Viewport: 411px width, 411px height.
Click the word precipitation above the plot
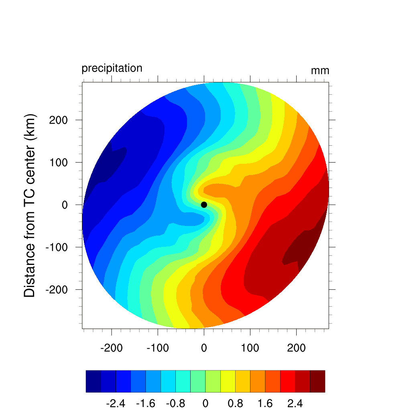(112, 68)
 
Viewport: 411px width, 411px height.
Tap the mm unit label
(320, 71)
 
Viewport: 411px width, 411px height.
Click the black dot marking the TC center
(204, 205)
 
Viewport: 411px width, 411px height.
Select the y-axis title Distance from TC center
(30, 205)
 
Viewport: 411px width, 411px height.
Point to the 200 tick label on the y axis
(58, 120)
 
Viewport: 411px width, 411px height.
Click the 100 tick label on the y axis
(58, 163)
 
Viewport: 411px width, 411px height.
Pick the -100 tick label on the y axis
(56, 247)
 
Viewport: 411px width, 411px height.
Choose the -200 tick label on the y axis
(56, 290)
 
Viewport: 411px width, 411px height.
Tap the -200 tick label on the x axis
(111, 348)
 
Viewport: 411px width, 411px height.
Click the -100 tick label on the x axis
(157, 348)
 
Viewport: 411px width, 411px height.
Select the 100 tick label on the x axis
(250, 348)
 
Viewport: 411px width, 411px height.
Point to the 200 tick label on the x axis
(296, 348)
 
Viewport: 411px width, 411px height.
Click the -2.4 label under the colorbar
(116, 403)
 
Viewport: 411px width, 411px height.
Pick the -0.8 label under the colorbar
(175, 403)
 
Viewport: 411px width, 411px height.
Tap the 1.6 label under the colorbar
(265, 403)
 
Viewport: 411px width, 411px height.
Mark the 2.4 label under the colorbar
(295, 403)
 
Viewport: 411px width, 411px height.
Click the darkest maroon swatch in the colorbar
(317, 381)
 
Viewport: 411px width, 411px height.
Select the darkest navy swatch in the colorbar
(93, 381)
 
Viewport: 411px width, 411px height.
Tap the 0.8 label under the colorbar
(235, 403)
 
